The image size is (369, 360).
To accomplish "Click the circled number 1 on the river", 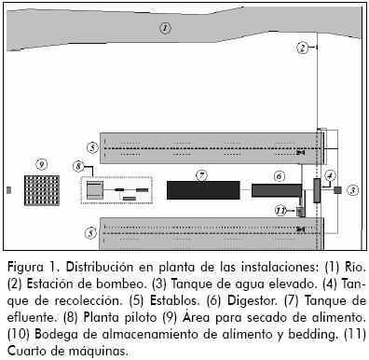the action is pos(165,28).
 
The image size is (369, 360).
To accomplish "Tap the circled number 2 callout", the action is pos(303,48).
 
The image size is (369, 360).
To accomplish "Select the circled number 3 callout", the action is pos(352,190).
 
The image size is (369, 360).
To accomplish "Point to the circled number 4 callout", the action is pos(330,175).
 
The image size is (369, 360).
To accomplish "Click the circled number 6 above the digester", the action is pos(279,176).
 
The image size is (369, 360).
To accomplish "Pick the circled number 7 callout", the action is pos(202,175).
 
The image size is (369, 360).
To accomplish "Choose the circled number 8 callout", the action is pos(78,167).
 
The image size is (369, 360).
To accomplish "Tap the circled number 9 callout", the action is pos(42,164).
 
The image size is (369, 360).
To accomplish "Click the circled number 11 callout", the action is pos(280,211).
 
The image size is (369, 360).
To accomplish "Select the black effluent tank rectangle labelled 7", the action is pos(203,190).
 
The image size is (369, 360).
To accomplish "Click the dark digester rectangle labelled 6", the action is pos(277,190).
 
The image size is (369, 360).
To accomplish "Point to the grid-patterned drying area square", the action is pos(42,190).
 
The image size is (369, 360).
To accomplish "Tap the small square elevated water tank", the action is pos(337,190).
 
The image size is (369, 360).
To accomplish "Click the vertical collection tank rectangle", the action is pos(317,190).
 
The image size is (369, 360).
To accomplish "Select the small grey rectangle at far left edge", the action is pos(8,189).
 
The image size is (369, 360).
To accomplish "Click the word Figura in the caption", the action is pos(25,268).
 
